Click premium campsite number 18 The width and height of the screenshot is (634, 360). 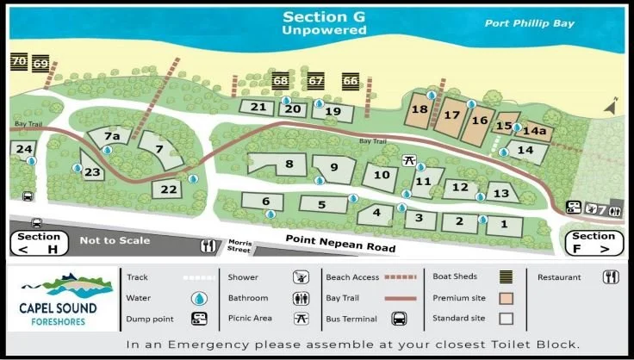420,110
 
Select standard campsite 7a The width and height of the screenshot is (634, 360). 111,137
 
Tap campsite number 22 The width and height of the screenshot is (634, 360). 169,189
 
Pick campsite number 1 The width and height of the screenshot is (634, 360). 504,226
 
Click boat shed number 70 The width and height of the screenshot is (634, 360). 19,62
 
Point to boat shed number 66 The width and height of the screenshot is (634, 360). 350,82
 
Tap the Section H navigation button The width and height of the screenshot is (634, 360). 39,243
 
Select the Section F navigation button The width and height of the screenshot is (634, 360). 594,243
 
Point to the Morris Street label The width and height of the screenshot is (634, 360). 239,246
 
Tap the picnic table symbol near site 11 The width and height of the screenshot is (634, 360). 410,161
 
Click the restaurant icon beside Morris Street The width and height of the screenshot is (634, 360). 208,246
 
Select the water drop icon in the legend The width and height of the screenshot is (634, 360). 200,298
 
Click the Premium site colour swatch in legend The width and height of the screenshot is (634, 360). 507,298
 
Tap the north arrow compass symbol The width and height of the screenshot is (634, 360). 612,106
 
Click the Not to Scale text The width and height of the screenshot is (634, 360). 115,240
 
